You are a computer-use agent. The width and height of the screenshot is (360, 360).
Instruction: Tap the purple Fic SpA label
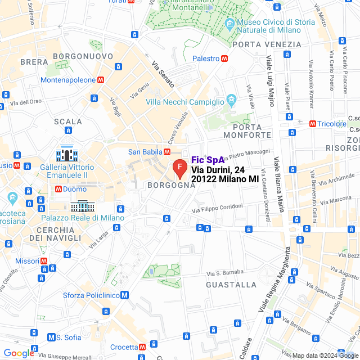208,160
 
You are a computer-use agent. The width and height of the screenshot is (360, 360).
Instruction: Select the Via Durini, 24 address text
218,169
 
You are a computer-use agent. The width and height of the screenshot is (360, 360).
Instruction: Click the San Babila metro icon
167,152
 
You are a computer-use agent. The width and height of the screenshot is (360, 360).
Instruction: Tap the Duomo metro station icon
58,190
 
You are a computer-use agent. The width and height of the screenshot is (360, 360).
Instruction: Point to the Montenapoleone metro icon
101,80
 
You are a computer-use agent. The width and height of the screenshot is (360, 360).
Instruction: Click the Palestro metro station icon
224,58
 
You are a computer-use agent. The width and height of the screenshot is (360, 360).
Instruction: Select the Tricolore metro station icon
312,124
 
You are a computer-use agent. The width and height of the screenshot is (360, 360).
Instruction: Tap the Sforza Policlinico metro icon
124,295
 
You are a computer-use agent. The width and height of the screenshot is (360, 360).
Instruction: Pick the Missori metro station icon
51,262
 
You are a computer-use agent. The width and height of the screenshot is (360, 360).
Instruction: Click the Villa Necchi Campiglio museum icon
231,101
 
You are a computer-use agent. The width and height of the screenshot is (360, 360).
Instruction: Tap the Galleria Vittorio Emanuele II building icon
66,154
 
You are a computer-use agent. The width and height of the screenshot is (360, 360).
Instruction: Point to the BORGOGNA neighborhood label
170,185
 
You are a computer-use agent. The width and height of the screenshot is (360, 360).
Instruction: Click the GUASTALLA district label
231,285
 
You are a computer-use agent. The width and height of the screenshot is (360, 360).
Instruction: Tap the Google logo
19,353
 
